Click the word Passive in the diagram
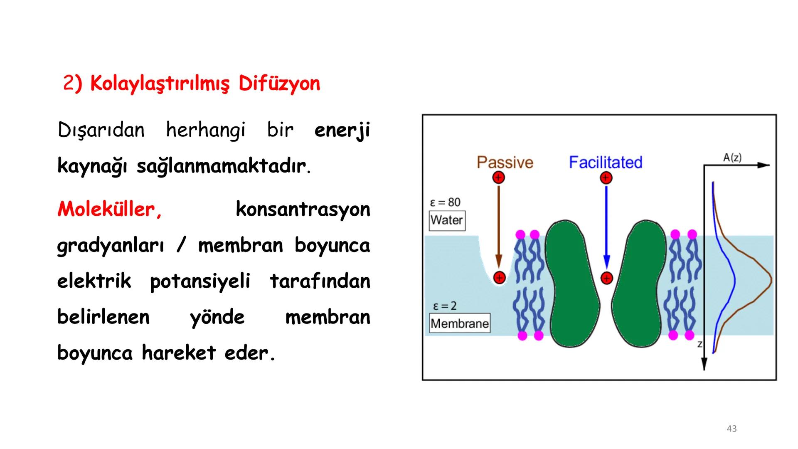tap(505, 162)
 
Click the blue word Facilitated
tap(605, 162)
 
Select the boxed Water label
tap(447, 220)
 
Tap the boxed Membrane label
tap(460, 323)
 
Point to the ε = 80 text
tap(445, 202)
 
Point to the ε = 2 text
tap(444, 306)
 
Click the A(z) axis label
tap(732, 158)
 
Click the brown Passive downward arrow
tap(499, 224)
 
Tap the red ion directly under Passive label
tap(498, 178)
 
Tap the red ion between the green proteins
tap(607, 278)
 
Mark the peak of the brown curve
tap(771, 280)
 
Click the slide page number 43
tap(731, 429)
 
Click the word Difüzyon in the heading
tap(279, 84)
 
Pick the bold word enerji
tap(342, 131)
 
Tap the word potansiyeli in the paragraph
tap(200, 281)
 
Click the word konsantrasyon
tap(303, 209)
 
